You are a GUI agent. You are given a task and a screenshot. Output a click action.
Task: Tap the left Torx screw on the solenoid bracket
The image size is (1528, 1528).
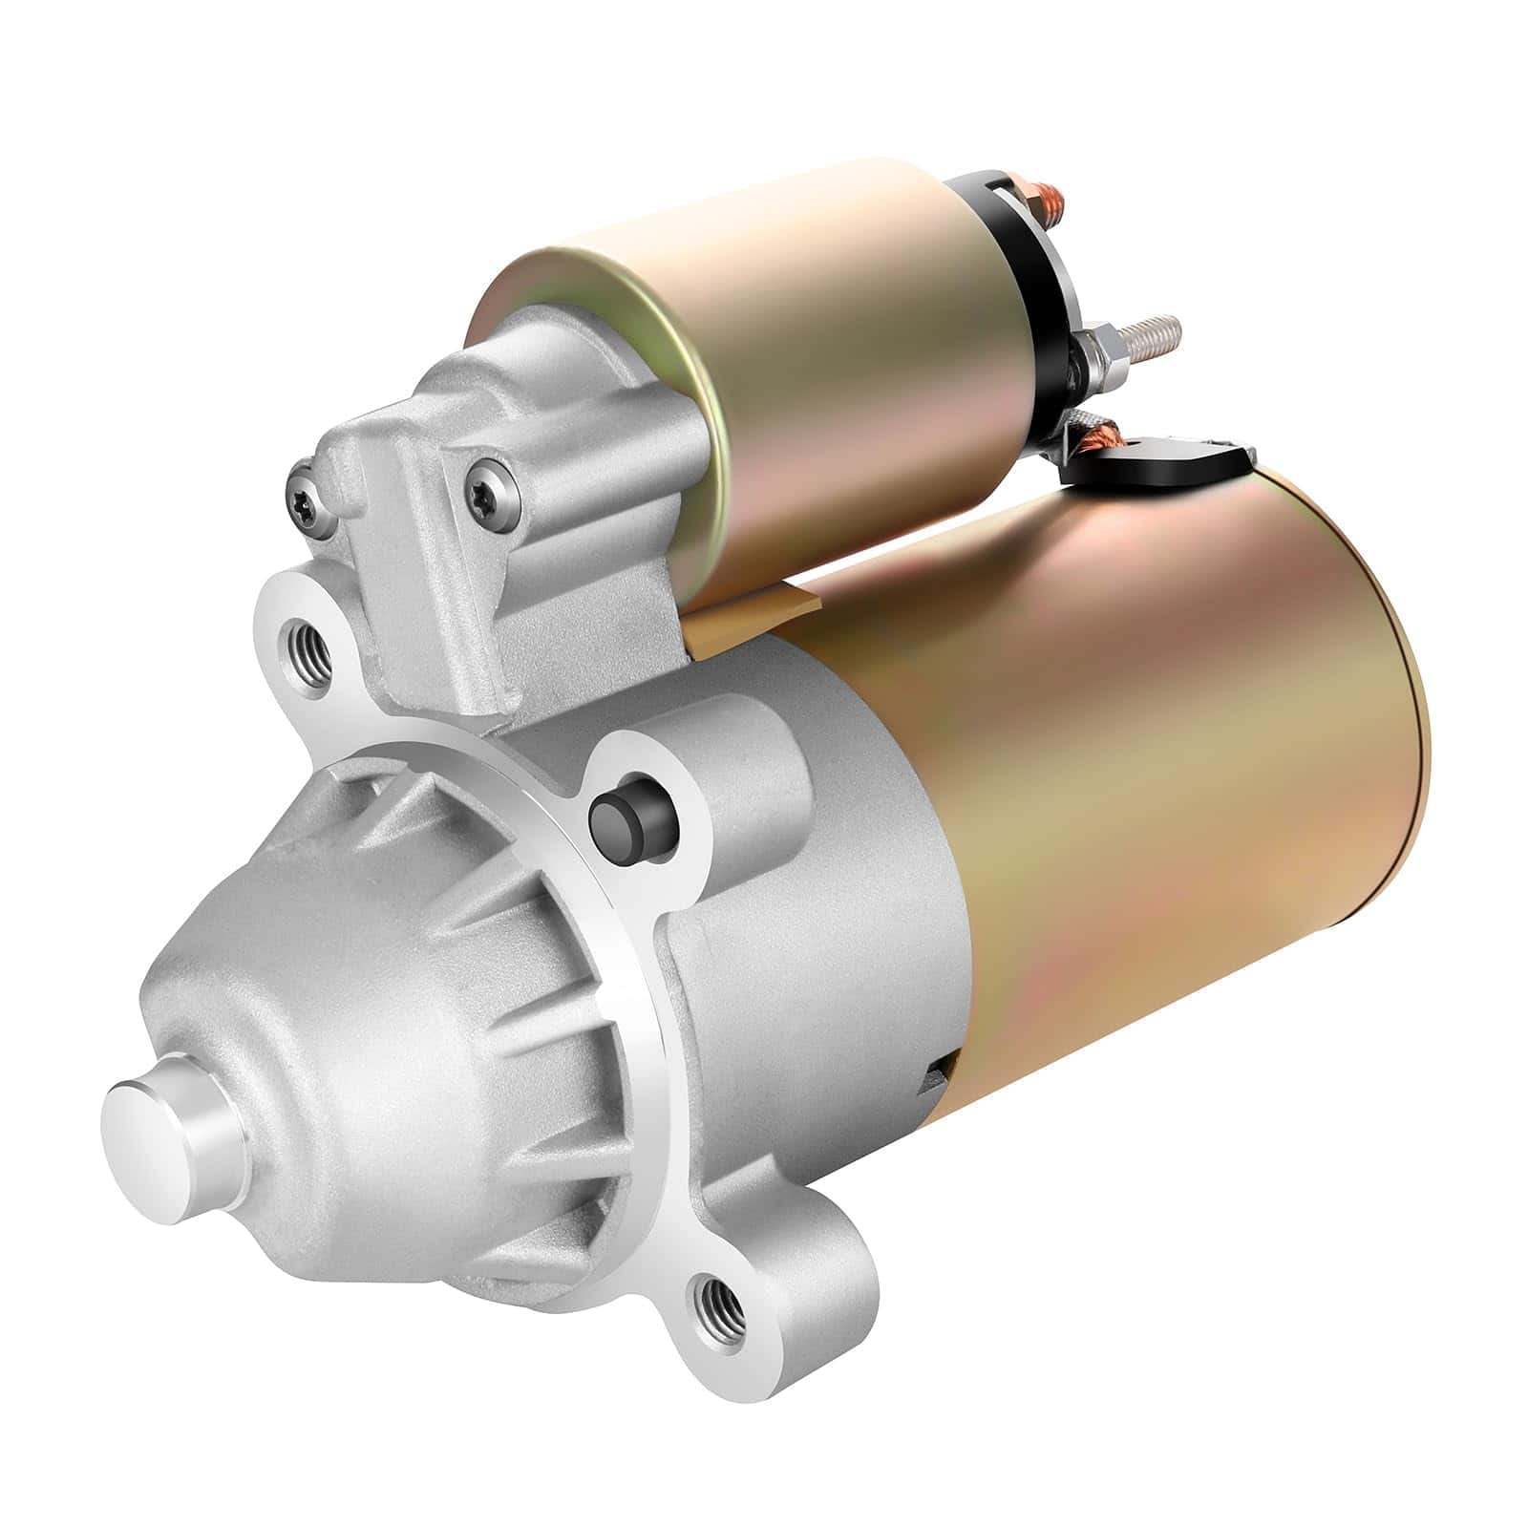click(x=304, y=495)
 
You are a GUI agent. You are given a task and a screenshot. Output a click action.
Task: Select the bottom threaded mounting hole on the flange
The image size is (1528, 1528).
click(x=715, y=1303)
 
